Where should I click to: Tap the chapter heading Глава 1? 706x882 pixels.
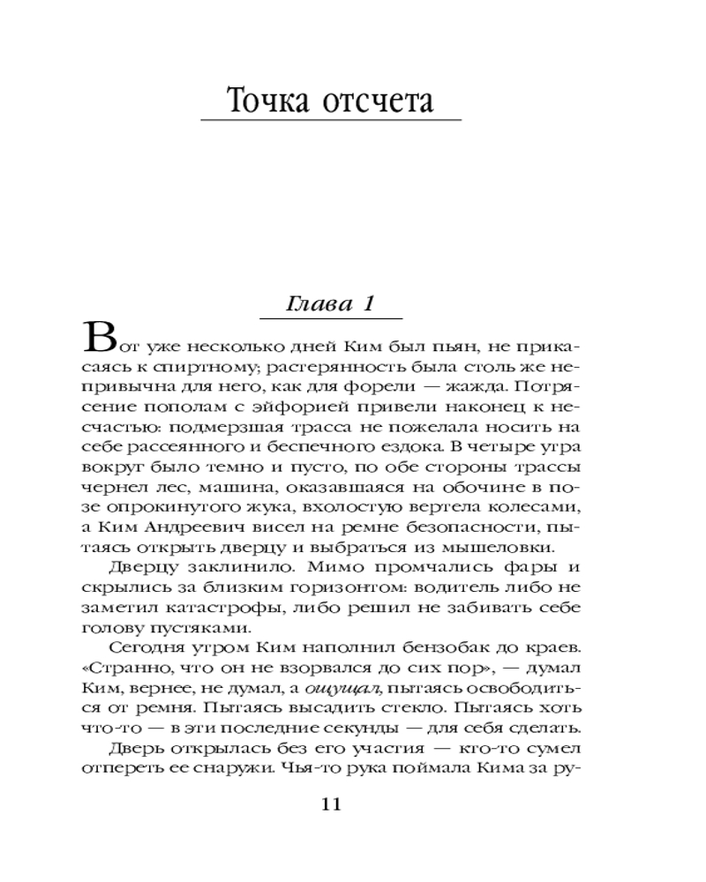[x=332, y=304]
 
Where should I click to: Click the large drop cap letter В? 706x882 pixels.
[x=99, y=338]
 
